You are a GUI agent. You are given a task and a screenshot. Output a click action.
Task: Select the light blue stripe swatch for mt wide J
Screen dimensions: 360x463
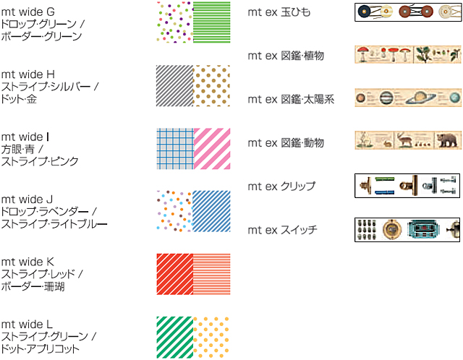[211, 210]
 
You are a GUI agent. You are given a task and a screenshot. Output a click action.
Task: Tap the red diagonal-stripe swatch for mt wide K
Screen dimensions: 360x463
[174, 273]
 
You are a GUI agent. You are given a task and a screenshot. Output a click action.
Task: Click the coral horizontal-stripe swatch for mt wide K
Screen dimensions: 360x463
[211, 273]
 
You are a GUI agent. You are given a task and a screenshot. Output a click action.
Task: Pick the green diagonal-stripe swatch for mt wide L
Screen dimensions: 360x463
[174, 336]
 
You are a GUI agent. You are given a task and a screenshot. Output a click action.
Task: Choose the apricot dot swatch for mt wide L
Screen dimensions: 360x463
[211, 336]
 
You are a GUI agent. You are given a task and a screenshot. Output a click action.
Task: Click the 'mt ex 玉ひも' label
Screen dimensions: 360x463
[279, 12]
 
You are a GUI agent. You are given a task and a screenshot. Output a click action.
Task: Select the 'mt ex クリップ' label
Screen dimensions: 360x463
[281, 186]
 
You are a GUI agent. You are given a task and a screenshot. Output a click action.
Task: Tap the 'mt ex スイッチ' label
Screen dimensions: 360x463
[281, 230]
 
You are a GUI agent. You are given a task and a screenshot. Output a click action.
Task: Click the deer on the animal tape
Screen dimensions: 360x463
[405, 140]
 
